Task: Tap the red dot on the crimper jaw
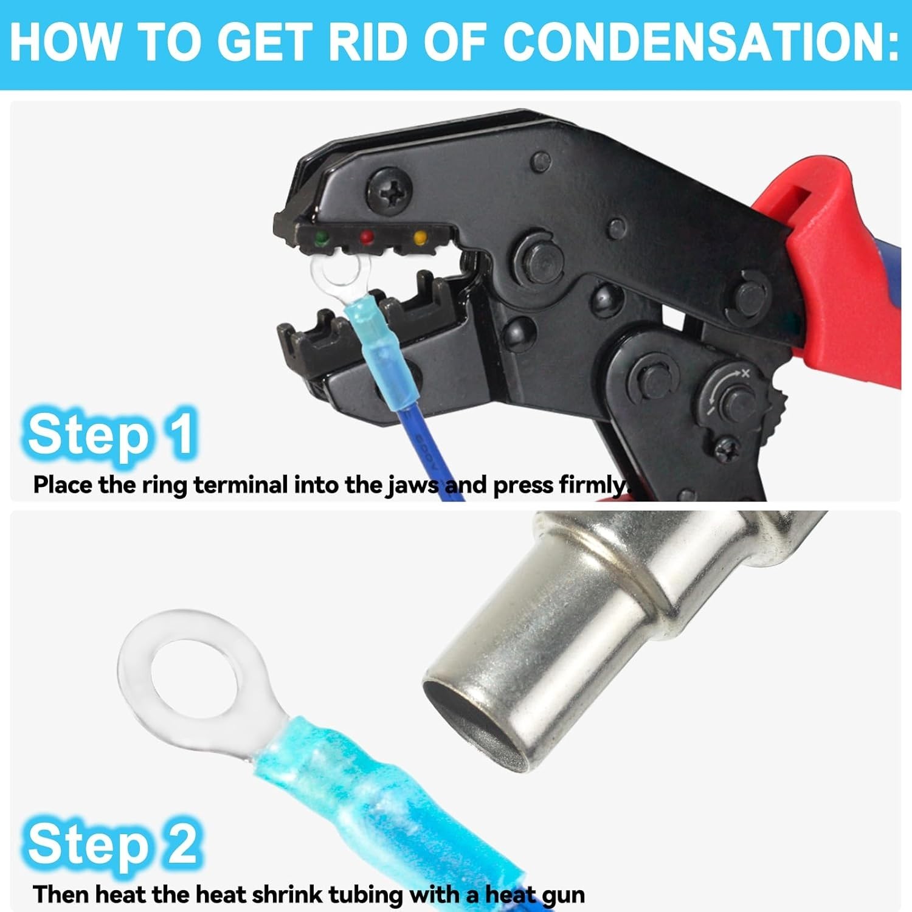366,237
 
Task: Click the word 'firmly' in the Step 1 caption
592,485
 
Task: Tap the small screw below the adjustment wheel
726,451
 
